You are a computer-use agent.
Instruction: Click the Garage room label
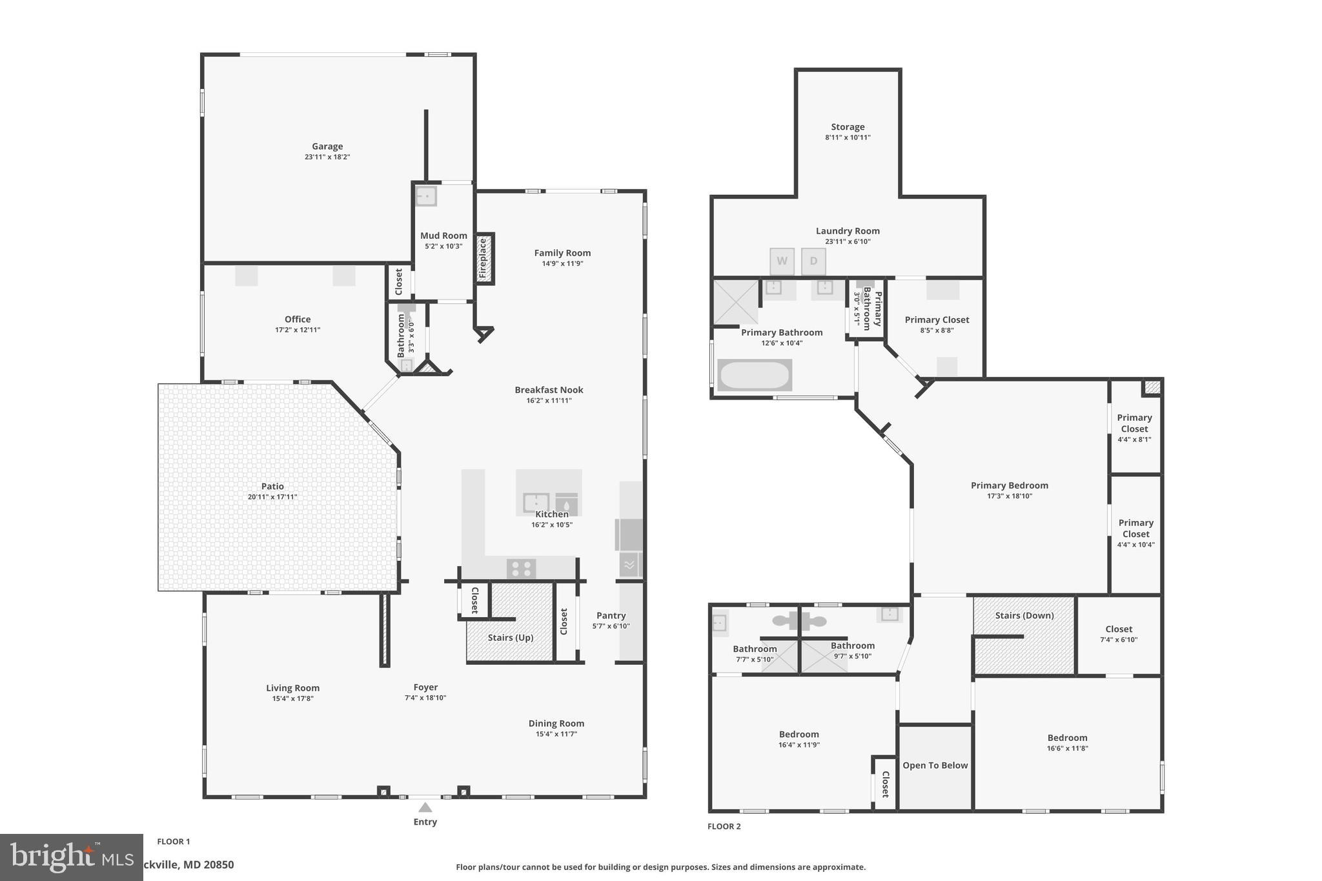(327, 147)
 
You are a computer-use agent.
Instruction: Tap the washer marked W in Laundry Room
(782, 261)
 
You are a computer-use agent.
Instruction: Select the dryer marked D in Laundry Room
(813, 261)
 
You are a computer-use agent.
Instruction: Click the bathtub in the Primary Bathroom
(755, 375)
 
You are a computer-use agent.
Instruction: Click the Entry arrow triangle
(425, 807)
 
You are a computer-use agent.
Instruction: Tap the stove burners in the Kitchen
(521, 569)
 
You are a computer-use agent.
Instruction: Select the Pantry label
(611, 615)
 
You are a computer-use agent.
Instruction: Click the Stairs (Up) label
(510, 638)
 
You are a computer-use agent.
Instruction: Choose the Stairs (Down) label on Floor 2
(1024, 615)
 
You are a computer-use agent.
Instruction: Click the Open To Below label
(935, 765)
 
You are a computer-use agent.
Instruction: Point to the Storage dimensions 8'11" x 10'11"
(848, 137)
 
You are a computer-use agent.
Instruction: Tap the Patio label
(272, 486)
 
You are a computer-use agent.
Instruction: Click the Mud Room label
(443, 236)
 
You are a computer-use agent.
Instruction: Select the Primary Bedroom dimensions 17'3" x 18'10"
(1010, 496)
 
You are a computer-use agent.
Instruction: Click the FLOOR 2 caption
(724, 826)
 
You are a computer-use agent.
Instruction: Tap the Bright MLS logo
(71, 857)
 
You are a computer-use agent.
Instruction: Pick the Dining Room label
(556, 724)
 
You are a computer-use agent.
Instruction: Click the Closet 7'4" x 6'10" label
(1119, 629)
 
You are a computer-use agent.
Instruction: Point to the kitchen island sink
(536, 502)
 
